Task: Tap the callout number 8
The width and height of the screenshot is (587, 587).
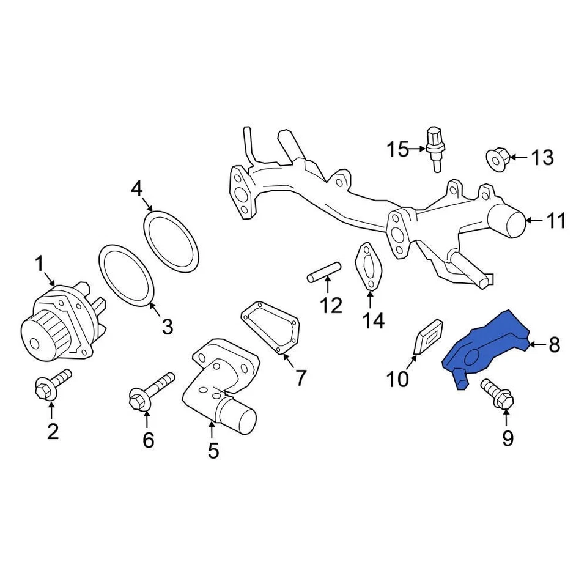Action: [x=553, y=345]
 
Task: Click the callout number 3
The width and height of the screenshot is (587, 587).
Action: [x=167, y=327]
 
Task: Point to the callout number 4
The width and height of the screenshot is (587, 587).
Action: [x=136, y=188]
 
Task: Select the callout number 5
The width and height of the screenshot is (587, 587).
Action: [x=213, y=451]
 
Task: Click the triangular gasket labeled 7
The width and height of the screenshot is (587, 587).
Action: [x=271, y=329]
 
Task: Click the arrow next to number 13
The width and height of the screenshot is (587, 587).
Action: [x=517, y=158]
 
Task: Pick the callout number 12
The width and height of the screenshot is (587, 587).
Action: [x=332, y=305]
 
